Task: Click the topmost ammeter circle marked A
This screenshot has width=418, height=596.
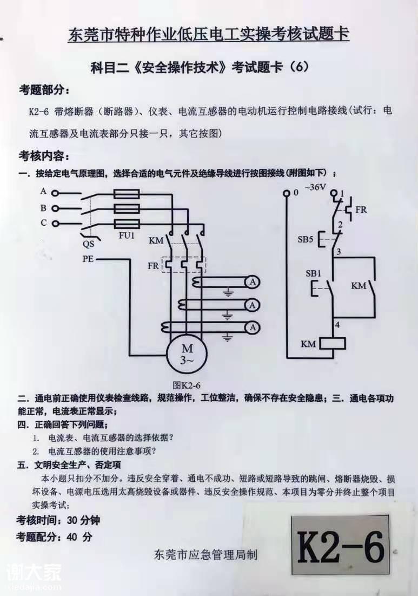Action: (x=252, y=281)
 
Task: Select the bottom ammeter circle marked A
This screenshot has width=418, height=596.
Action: (x=252, y=328)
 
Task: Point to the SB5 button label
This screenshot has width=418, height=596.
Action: (x=306, y=239)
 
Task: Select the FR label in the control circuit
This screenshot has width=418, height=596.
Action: (x=361, y=209)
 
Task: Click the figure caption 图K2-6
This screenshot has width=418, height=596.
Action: (x=186, y=385)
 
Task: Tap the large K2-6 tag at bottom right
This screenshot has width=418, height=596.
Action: (x=340, y=547)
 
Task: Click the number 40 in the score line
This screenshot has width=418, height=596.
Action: (x=74, y=538)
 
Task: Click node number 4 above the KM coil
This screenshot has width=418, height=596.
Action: (x=337, y=325)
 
